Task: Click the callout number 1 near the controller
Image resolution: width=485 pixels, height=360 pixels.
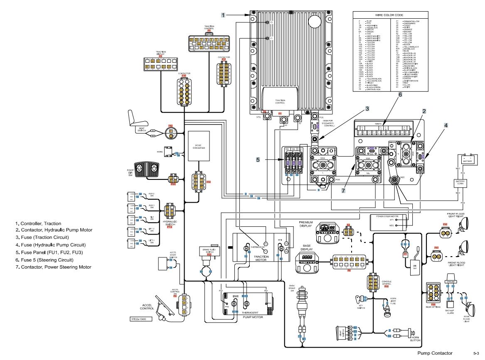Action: pos(223,15)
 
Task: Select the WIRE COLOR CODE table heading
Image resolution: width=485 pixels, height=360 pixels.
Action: pos(389,14)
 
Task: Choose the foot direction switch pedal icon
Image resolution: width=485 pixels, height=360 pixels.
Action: pos(148,168)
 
